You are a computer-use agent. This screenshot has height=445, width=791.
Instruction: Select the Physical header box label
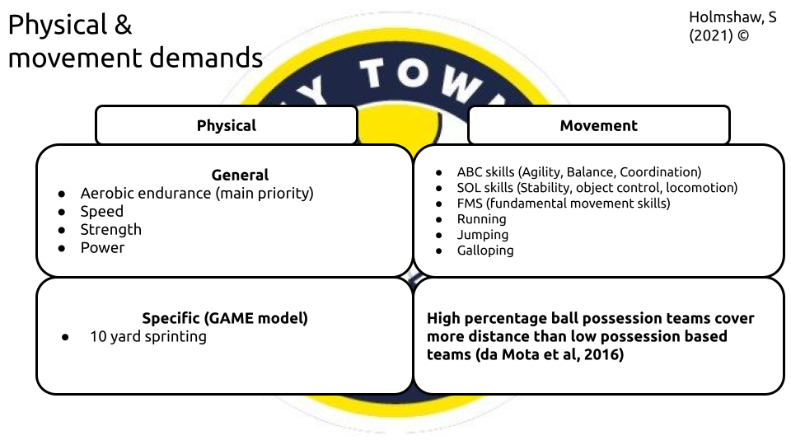tap(227, 126)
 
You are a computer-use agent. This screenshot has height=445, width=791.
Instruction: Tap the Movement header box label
tap(599, 126)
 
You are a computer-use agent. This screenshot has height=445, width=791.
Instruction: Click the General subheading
tap(240, 175)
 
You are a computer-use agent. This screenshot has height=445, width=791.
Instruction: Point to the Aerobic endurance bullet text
tap(197, 193)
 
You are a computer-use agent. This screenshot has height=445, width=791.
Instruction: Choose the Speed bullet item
tap(102, 211)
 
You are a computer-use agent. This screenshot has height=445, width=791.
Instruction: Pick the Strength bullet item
tap(111, 229)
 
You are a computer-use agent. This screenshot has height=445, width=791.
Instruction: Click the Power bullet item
tap(102, 247)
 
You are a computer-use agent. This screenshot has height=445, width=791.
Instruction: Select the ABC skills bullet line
tap(579, 172)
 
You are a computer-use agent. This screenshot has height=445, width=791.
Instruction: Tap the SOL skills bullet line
tap(597, 188)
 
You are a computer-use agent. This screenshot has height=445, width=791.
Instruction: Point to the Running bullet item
tap(482, 219)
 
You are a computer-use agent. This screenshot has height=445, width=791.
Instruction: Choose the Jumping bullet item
tap(483, 235)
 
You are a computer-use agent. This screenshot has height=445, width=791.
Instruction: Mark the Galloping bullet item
tap(485, 251)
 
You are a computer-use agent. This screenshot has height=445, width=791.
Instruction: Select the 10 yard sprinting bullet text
tap(148, 336)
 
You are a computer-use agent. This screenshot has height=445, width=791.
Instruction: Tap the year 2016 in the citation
tap(601, 354)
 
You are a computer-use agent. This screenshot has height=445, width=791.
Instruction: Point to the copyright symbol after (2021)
tap(745, 36)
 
